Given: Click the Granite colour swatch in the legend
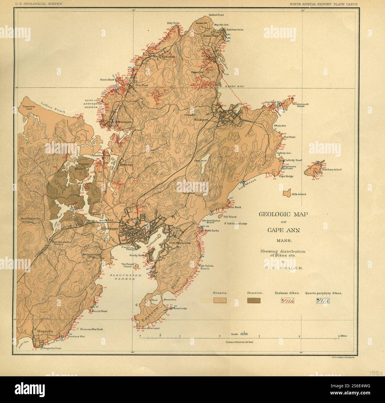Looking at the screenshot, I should [220, 300].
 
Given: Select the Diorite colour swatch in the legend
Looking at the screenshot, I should [254, 300].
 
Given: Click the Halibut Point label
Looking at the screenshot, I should [216, 15].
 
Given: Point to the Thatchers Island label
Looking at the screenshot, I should [331, 170].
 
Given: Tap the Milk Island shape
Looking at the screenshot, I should [286, 193].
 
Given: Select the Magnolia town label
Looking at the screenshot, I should [43, 331].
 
